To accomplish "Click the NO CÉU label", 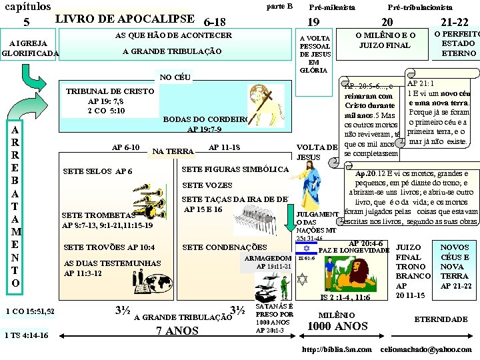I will pyautogui.click(x=174, y=77).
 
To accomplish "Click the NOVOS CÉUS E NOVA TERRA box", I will pyautogui.click(x=455, y=266).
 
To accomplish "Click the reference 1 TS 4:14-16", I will pyautogui.click(x=26, y=335).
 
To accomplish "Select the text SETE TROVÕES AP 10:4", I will pyautogui.click(x=109, y=248).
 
